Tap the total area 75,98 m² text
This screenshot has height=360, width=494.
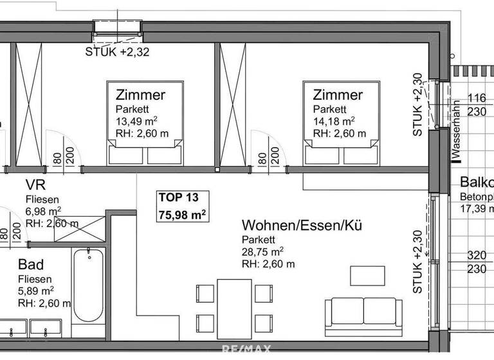182,215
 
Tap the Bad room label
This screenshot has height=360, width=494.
32,264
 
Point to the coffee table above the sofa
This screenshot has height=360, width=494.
367,275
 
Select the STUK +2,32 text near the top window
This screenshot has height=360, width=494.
117,53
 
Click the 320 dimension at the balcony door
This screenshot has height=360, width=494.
477,255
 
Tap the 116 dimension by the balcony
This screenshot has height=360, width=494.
477,98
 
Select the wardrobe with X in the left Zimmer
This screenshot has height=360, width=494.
28,103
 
